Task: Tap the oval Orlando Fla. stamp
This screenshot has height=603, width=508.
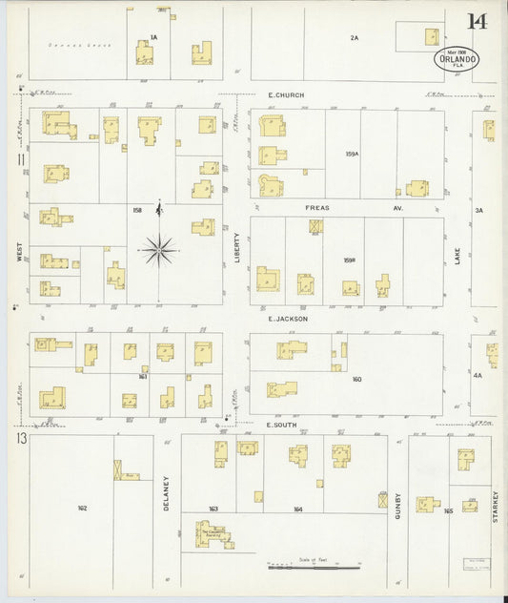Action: click(457, 58)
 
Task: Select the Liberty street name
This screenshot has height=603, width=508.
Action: click(237, 247)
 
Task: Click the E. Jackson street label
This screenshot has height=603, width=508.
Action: click(287, 319)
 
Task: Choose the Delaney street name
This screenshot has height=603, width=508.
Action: click(166, 493)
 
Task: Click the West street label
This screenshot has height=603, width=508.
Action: click(18, 250)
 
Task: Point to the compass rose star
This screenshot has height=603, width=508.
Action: click(159, 251)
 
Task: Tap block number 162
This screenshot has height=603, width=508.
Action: click(82, 509)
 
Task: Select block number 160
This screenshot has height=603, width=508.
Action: click(356, 380)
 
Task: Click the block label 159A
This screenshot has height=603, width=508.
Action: click(352, 154)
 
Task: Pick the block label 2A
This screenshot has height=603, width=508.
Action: click(354, 38)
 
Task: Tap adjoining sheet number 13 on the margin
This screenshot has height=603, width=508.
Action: click(19, 438)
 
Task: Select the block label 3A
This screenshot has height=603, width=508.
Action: click(479, 210)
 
